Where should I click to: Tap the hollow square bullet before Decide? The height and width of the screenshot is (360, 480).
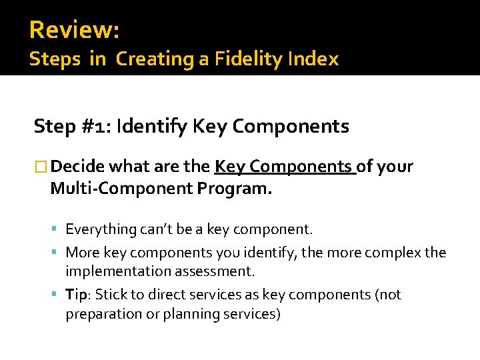tap(41, 167)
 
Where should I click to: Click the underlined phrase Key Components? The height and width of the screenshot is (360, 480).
tap(285, 167)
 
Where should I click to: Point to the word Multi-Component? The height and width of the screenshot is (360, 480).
tap(121, 189)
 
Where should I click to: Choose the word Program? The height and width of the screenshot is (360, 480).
tap(235, 189)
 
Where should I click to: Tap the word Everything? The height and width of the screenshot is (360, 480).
tap(101, 230)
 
